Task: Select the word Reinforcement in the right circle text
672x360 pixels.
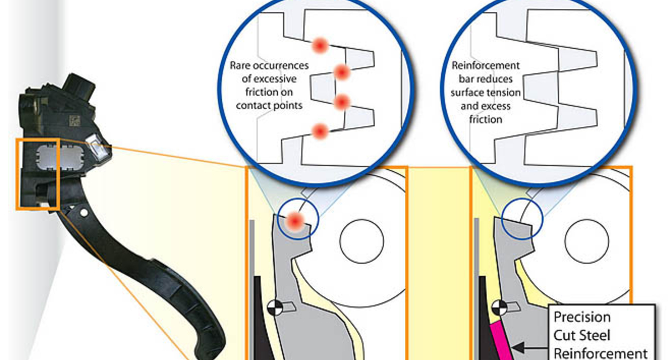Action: click(486, 66)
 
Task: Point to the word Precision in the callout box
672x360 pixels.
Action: click(582, 317)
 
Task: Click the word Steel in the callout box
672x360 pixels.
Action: click(596, 335)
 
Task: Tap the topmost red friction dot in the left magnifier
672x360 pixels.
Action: click(320, 45)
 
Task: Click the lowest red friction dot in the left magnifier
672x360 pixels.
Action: click(320, 132)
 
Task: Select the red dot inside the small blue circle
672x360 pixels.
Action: click(296, 221)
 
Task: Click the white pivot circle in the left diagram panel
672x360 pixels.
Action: click(362, 241)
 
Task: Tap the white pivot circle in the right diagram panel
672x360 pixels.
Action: click(587, 241)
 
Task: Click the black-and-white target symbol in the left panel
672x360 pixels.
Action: click(274, 307)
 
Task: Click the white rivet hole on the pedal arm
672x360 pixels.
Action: click(83, 213)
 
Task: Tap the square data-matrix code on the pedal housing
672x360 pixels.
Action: click(74, 120)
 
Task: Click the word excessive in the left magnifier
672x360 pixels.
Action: click(269, 79)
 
